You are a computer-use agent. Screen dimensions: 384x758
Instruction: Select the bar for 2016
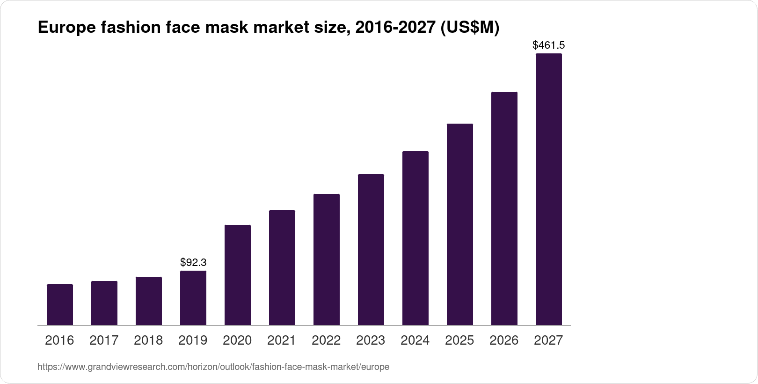point(60,304)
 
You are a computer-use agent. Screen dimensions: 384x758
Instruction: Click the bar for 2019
point(193,298)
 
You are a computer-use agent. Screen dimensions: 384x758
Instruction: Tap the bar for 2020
point(238,275)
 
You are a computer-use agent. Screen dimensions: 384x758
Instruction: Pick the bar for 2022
point(327,259)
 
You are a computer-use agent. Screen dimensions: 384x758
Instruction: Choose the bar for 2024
point(415,238)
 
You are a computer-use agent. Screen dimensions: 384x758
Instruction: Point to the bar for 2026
point(504,208)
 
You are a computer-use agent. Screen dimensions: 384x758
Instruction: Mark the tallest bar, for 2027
point(549,189)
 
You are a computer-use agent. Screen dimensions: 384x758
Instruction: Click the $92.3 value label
point(193,262)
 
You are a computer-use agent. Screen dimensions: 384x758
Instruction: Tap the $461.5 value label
point(549,45)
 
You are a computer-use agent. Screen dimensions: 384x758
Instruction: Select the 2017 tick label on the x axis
point(104,340)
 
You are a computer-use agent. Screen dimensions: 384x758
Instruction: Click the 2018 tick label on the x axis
point(148,340)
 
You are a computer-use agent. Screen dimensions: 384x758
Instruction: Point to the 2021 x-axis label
point(282,340)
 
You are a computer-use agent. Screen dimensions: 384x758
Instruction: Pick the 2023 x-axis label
point(371,340)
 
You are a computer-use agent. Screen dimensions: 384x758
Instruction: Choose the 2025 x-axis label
point(459,340)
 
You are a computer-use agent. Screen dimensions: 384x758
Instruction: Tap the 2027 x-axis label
point(548,340)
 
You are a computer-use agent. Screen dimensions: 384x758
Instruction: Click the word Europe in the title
point(66,28)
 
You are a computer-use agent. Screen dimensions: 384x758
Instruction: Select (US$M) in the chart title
point(469,28)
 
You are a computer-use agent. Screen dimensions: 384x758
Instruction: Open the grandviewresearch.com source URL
point(213,367)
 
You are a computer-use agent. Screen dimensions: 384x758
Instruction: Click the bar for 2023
point(371,250)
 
